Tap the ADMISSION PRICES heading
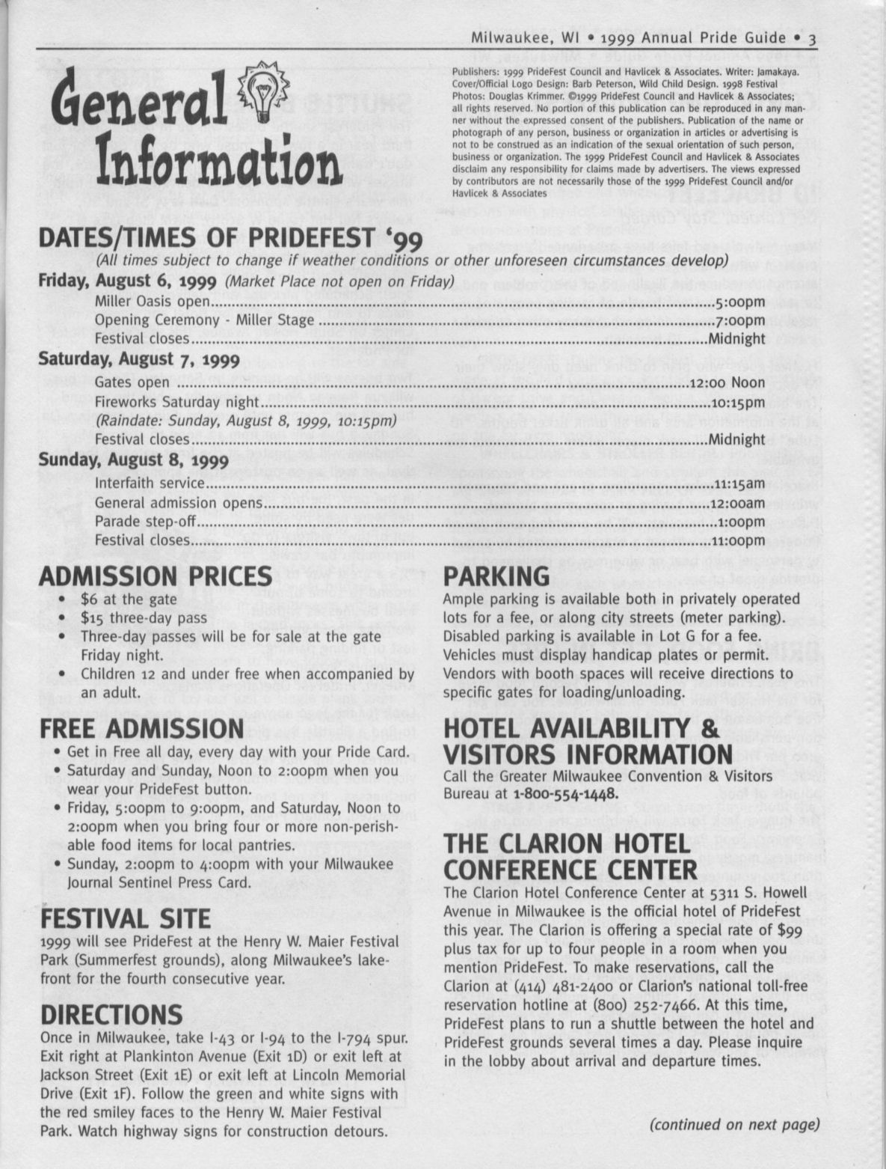(x=155, y=576)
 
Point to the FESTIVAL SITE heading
(x=126, y=918)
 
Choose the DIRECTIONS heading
(x=111, y=1015)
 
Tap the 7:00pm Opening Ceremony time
(x=740, y=320)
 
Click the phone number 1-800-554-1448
(x=564, y=793)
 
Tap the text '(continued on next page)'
(x=734, y=1124)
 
